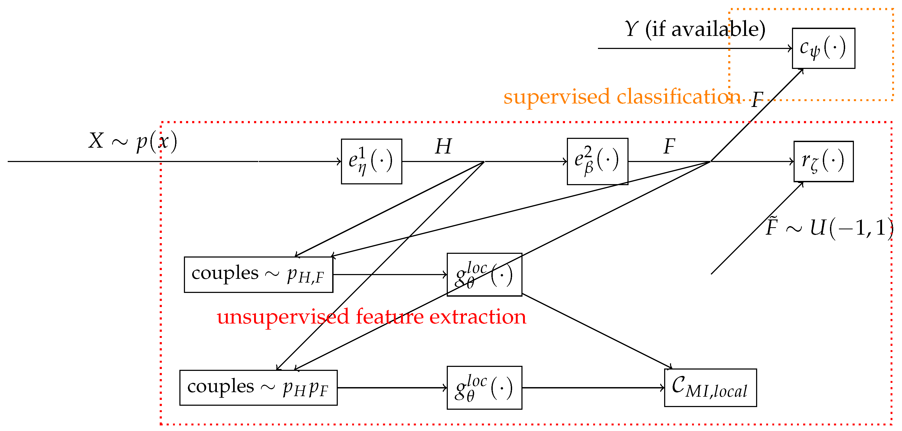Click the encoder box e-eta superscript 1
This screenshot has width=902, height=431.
pos(372,161)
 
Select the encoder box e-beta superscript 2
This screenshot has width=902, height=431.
pos(597,161)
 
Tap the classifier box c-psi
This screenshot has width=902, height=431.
pos(824,48)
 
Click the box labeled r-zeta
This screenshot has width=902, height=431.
pos(824,161)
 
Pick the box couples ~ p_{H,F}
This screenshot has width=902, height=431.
pos(258,275)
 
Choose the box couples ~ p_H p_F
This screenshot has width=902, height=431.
pos(258,388)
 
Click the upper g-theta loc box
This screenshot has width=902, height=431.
pos(484,275)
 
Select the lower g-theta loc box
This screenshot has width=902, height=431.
pos(484,388)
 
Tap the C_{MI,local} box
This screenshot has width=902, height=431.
pos(710,388)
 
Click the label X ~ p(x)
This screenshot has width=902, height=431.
pos(133,142)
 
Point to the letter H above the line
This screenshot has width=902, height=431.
pos(443,147)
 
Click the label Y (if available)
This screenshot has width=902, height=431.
pos(695,29)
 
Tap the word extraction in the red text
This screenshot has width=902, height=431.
pos(478,317)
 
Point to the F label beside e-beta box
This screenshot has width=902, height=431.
pos(669,147)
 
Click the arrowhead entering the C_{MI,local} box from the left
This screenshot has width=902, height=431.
pos(663,388)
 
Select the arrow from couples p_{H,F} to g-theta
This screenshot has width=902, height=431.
pos(389,275)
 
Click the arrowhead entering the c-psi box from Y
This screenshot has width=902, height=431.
pos(790,48)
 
